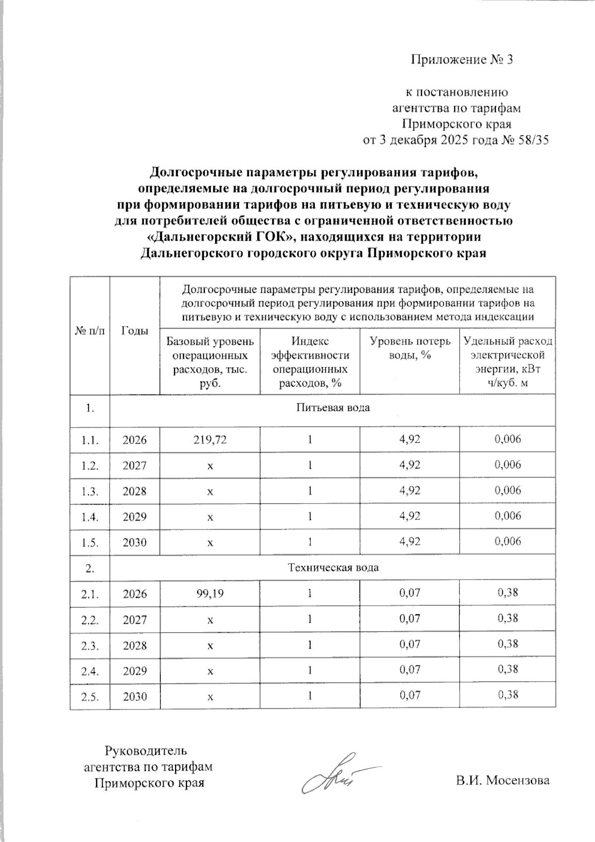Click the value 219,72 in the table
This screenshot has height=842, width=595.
[210, 439]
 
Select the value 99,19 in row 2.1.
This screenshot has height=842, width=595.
[210, 593]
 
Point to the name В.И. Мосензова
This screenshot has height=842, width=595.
[503, 780]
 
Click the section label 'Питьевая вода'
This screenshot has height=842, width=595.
[333, 408]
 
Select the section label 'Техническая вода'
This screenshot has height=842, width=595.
[333, 567]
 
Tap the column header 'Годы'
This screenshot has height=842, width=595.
[135, 331]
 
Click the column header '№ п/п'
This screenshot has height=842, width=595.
[90, 331]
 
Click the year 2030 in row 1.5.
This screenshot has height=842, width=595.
[135, 542]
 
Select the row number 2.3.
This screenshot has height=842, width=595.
[90, 646]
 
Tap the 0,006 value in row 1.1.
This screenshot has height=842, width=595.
[508, 439]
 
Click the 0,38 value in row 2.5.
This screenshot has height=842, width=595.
[508, 695]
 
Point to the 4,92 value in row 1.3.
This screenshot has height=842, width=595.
[410, 491]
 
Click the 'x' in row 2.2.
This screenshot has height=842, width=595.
[210, 620]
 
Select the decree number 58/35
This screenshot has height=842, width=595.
[533, 140]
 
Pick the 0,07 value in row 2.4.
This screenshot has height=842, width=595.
[410, 670]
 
